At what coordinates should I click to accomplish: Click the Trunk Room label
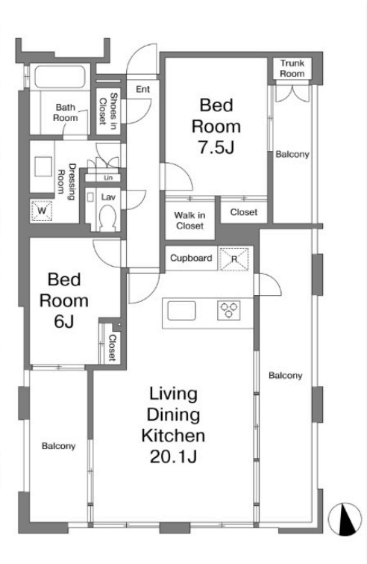click(x=292, y=68)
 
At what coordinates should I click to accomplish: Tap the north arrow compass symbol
click(x=345, y=519)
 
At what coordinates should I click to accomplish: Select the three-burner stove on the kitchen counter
click(x=229, y=310)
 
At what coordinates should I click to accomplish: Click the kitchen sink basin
click(x=182, y=311)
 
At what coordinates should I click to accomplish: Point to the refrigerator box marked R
click(x=234, y=258)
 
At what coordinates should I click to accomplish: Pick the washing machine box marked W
click(x=42, y=211)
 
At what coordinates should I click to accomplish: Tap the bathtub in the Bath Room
click(x=60, y=77)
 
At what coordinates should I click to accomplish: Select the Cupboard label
click(x=191, y=258)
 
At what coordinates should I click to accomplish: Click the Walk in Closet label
click(x=190, y=220)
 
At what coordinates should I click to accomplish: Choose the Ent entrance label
click(x=142, y=89)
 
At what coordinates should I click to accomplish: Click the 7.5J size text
click(x=216, y=147)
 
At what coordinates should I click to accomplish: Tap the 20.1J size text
click(x=173, y=456)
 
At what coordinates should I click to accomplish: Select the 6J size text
click(x=64, y=321)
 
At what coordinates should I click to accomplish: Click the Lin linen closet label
click(x=108, y=178)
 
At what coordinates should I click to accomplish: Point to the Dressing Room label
click(x=67, y=182)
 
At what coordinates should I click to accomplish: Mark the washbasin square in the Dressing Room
click(x=43, y=166)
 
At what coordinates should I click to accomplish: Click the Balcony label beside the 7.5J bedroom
click(x=292, y=155)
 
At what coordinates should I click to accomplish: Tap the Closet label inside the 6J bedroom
click(x=112, y=347)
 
